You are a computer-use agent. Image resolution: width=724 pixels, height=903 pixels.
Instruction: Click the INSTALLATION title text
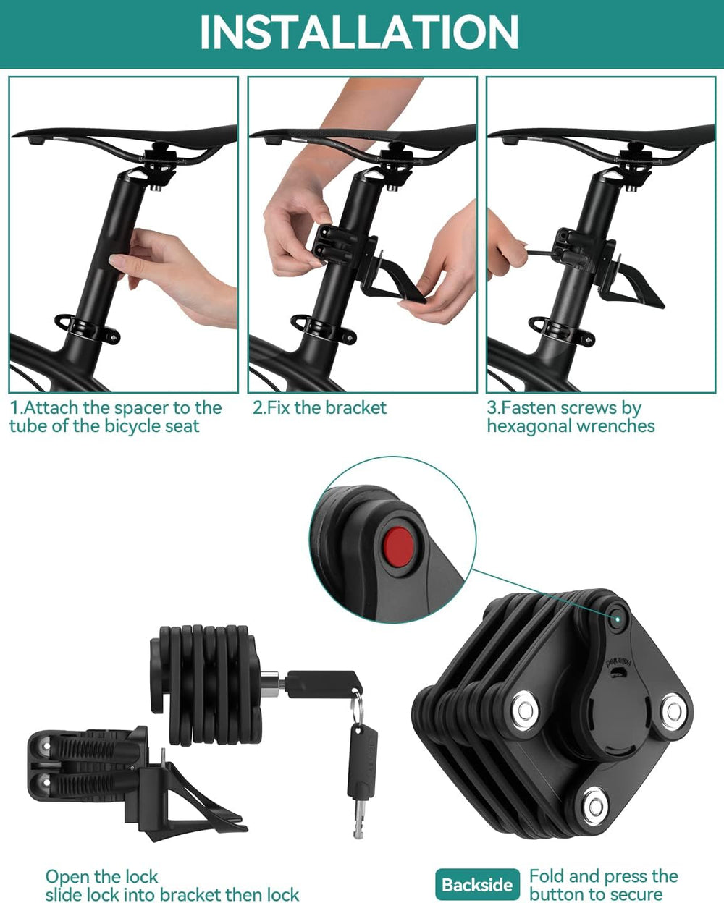359,33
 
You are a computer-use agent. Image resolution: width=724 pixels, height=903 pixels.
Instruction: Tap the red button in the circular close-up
398,547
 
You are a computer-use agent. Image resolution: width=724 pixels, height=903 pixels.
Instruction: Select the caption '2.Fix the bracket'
319,407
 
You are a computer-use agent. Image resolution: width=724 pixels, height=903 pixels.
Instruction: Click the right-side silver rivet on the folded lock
674,711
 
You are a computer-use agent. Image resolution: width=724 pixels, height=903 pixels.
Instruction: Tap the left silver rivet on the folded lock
523,711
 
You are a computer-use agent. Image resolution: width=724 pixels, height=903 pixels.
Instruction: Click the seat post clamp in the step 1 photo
88,329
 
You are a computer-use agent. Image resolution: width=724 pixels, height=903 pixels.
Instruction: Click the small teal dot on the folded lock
618,618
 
